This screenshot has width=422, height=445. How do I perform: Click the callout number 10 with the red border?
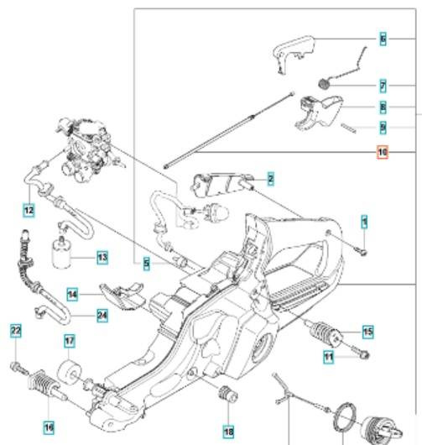(383, 152)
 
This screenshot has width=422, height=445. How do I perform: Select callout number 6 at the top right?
(383, 39)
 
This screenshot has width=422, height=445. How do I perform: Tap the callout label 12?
(29, 210)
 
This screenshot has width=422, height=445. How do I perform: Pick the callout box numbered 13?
(102, 258)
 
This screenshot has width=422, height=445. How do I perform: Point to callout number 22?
(16, 330)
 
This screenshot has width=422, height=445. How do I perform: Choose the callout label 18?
(228, 432)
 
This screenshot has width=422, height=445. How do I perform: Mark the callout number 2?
(271, 179)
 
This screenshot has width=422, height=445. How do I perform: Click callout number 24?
(102, 316)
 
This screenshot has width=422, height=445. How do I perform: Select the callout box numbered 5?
(146, 264)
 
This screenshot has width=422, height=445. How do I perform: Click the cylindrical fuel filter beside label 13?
(61, 254)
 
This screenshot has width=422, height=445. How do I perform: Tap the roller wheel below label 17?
(69, 371)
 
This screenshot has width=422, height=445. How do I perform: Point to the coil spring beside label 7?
(324, 83)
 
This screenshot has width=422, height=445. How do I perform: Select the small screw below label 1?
(362, 251)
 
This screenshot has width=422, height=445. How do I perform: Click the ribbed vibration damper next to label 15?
(324, 332)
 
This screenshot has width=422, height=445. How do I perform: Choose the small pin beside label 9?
(348, 128)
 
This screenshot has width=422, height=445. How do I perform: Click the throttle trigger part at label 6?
(294, 54)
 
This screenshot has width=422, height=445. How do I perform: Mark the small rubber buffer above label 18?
(227, 395)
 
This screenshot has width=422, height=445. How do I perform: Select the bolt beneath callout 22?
(19, 368)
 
